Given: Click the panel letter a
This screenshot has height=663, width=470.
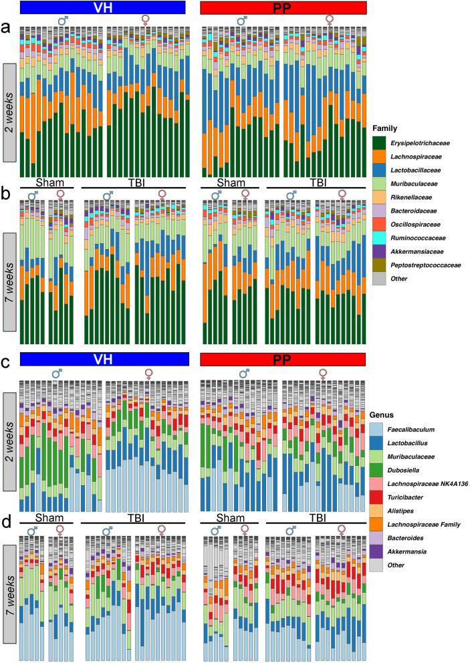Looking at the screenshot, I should point(6,29).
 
